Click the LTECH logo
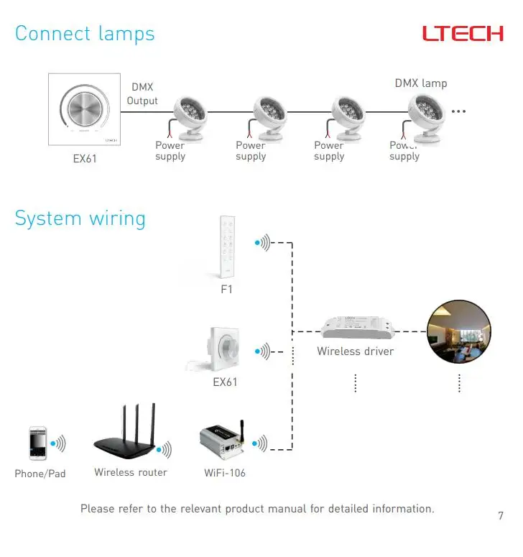pos(463,33)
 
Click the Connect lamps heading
pos(85,34)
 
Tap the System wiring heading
pos(80,218)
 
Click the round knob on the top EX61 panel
pos(85,108)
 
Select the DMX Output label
pos(142,94)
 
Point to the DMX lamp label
pos(421,83)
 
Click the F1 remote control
pos(227,247)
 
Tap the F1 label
pos(226,289)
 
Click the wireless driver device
pos(358,328)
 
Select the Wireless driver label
pos(356,351)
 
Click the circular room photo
pos(459,331)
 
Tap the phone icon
pos(37,443)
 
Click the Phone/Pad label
pos(40,474)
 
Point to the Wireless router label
pos(131,472)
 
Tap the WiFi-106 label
pos(225,473)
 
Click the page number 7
pos(501,515)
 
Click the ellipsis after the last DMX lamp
pos(458,111)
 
